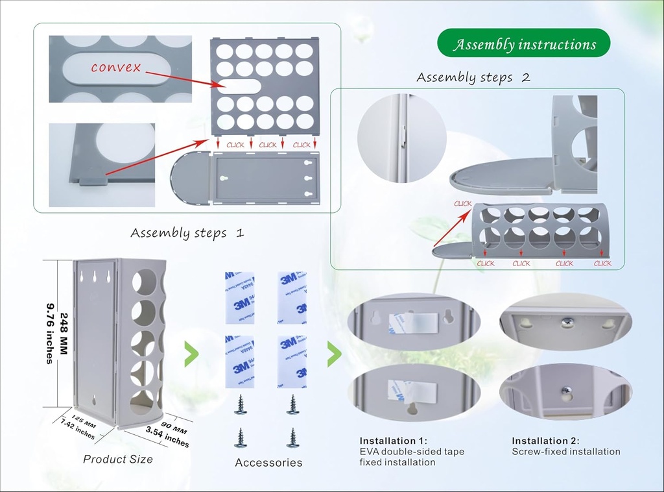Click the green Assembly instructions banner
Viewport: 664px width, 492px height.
click(x=524, y=44)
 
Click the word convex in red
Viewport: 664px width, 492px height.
click(x=115, y=68)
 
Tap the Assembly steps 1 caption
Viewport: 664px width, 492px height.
click(x=187, y=232)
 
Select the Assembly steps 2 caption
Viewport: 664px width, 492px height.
click(x=473, y=77)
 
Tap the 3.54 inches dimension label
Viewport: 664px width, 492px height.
click(x=168, y=437)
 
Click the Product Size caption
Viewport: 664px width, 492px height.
click(x=118, y=459)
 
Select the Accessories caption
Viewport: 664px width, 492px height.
click(x=268, y=463)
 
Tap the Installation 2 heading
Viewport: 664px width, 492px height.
click(x=545, y=441)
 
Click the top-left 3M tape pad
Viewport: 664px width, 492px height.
click(x=240, y=297)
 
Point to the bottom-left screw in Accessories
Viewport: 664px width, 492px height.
click(x=241, y=437)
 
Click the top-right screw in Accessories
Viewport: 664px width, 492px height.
click(x=292, y=404)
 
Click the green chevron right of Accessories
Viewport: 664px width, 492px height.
click(x=334, y=354)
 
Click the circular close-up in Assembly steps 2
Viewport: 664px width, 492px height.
click(x=401, y=138)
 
